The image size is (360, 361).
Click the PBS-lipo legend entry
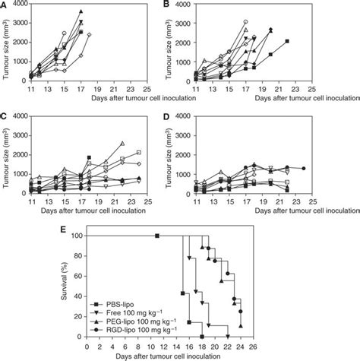[x=122, y=302]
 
